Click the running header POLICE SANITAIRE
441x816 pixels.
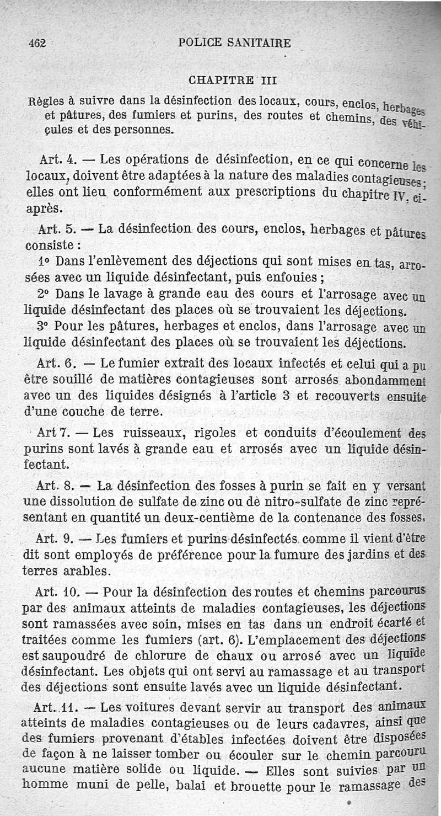[x=235, y=44]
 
